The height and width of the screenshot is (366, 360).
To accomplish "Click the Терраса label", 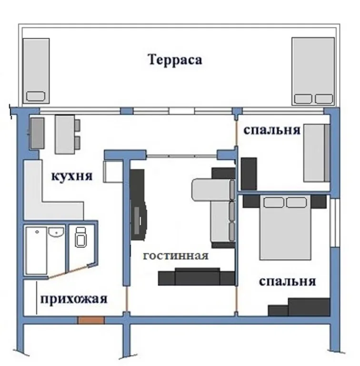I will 175,60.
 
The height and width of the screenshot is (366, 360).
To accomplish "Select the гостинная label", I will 176,256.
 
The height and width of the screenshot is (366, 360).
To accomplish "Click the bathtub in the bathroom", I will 36,250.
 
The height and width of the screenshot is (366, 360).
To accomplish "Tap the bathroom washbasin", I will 56,233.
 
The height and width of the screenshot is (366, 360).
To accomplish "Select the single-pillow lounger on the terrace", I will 37,71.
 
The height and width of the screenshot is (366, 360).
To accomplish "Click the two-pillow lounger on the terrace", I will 313,71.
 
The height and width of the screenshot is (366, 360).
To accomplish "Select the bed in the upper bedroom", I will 316,152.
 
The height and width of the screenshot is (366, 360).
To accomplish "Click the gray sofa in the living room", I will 213,210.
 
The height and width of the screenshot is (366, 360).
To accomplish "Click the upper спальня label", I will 271,130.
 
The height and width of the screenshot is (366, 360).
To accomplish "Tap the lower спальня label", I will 287,281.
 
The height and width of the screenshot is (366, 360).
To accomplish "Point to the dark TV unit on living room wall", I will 139,205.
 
